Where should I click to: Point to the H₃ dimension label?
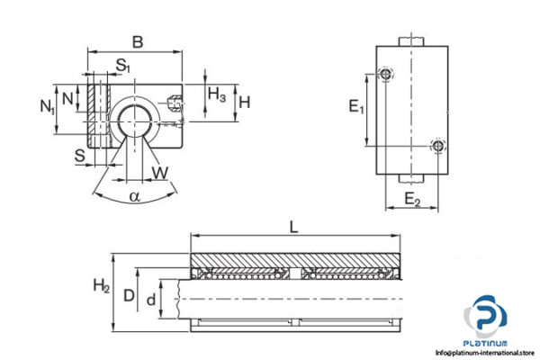tap(217, 94)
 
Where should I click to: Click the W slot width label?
tap(161, 171)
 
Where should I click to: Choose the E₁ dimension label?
tap(356, 108)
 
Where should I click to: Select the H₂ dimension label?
tap(102, 288)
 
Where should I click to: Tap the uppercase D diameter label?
tap(130, 294)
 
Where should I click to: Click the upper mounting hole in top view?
tap(386, 74)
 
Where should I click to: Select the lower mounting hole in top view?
tap(437, 145)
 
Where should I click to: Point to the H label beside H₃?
tap(244, 102)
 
